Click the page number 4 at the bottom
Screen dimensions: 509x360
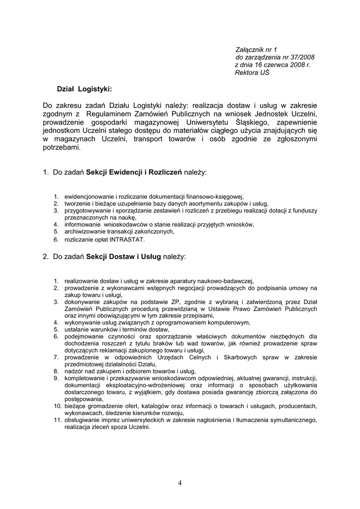coord(180,483)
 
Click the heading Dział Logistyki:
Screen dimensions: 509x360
coord(85,89)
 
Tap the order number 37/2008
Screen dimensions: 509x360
coord(301,57)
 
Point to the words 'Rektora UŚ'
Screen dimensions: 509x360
coord(252,72)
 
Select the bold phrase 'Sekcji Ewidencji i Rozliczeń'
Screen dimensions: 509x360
coord(134,172)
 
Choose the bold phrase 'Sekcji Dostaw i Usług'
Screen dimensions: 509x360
coord(123,257)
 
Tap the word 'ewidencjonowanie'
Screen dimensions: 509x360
coord(89,197)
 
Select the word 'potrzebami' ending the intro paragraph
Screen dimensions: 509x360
coord(61,148)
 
